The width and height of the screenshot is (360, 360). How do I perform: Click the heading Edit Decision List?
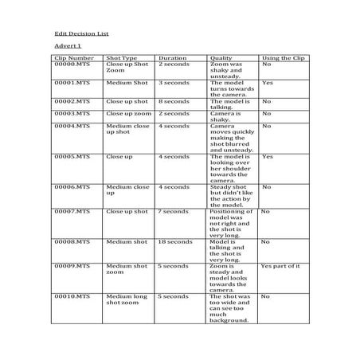click(x=81, y=33)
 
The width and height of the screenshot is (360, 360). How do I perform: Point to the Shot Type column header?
click(x=122, y=58)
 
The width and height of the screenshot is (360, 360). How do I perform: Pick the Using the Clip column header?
click(x=282, y=58)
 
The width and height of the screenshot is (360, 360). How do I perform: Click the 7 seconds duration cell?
click(x=173, y=212)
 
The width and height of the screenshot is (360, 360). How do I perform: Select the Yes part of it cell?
click(x=280, y=265)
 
